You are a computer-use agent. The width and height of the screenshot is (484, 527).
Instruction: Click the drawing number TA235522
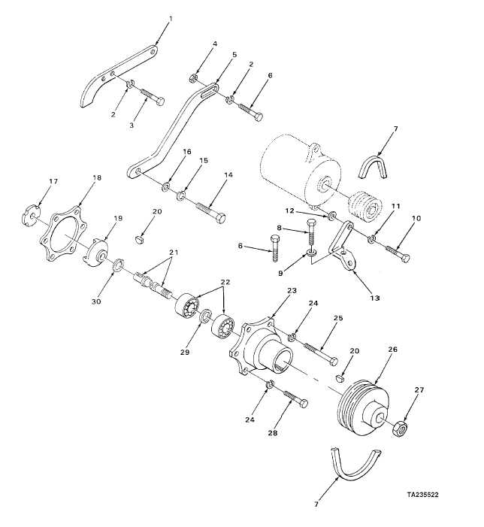tap(423, 495)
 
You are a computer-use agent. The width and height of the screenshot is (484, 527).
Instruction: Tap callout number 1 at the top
tap(171, 19)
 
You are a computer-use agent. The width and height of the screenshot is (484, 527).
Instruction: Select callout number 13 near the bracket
tap(374, 298)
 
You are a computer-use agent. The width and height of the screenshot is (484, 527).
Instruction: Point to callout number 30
tap(96, 301)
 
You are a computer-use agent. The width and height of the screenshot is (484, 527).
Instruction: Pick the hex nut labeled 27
tap(400, 429)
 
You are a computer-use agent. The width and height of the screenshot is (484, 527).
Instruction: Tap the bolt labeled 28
tap(296, 399)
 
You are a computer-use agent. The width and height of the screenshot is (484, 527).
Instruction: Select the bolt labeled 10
tap(398, 253)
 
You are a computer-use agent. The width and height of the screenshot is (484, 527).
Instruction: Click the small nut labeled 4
tap(192, 79)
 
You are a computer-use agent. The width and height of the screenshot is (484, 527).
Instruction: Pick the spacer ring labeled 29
tap(205, 317)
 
